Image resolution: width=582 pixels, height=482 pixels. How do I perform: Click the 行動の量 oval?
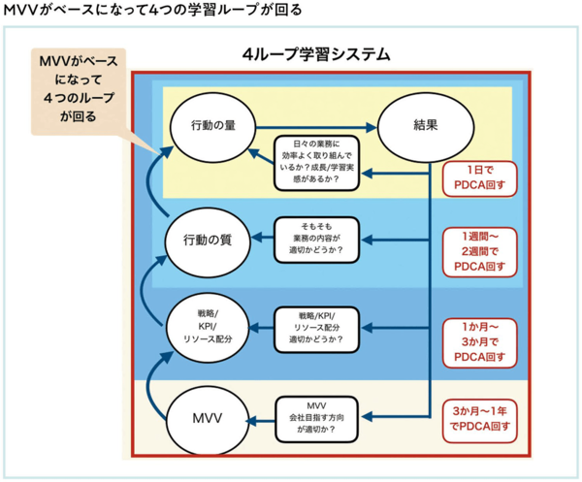213,127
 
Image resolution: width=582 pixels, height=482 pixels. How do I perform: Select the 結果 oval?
426,127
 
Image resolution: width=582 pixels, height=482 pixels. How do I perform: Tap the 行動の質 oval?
208,241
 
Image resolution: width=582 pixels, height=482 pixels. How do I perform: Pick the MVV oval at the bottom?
208,420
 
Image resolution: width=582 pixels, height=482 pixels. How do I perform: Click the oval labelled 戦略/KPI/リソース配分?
208,328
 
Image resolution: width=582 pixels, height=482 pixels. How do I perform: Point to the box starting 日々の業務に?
316,163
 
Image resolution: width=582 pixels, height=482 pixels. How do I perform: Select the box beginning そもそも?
316,240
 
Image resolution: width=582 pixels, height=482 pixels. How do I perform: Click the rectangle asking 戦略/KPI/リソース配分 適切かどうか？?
316,329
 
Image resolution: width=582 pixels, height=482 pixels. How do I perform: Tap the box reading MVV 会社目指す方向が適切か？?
316,419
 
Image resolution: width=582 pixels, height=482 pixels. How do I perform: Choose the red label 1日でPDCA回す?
479,178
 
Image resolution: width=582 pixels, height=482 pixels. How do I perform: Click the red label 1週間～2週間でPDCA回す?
479,252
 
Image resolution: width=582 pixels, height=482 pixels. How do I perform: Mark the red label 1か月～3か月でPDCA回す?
479,342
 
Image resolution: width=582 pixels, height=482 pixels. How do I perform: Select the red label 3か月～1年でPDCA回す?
479,420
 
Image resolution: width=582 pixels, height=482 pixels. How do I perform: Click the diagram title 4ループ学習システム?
316,54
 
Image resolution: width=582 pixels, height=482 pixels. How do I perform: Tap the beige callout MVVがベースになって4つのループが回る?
79,91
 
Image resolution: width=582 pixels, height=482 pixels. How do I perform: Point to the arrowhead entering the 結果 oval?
372,127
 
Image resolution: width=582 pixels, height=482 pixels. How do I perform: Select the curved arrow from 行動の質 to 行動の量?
151,179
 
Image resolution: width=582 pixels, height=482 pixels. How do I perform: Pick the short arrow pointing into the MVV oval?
260,420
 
